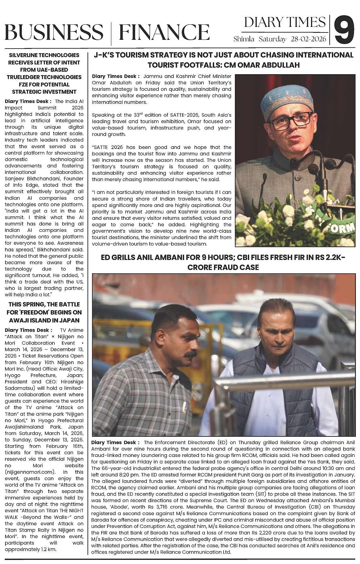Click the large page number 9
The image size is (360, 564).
pos(344,30)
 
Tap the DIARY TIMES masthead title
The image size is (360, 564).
pos(285,22)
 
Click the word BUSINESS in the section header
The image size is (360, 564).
pos(54,32)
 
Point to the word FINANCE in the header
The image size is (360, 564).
pos(164,32)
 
